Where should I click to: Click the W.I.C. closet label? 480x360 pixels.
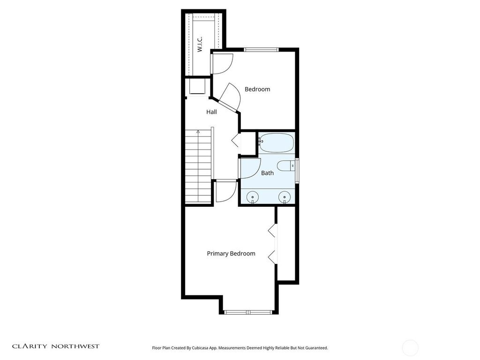pos(200,45)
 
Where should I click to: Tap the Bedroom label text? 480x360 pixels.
pos(257,90)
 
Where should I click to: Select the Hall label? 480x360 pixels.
pos(211,112)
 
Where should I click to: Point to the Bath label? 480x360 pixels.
pos(267,173)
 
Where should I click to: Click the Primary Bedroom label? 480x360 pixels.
pos(231,254)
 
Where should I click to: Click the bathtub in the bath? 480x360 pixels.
pos(277,143)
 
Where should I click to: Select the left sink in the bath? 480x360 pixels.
pos(253,197)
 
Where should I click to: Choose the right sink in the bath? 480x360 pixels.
pos(285,197)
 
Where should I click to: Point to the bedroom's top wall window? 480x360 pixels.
pos(261,49)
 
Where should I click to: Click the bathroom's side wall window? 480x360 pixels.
pos(297,171)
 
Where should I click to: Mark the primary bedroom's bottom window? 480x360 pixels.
pos(248,312)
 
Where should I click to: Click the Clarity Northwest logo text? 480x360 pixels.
pos(56,346)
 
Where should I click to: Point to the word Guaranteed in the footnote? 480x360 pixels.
pos(316,348)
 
